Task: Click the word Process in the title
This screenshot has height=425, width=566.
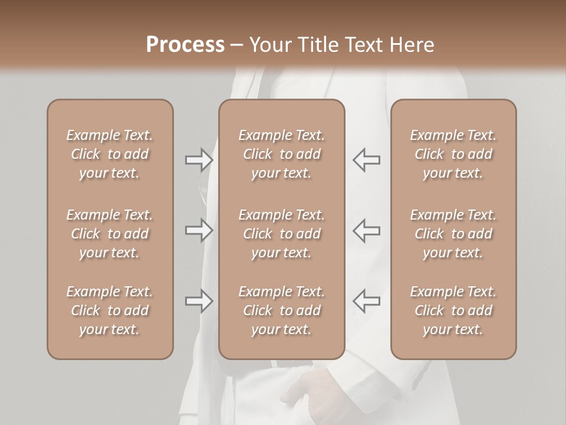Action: (x=185, y=44)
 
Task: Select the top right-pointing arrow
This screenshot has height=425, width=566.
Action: (x=199, y=160)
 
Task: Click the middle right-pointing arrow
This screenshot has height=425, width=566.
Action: (x=199, y=231)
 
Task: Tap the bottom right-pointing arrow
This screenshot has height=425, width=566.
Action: (x=199, y=301)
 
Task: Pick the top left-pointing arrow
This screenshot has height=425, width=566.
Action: (x=366, y=160)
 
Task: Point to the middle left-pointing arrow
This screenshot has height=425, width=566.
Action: (x=366, y=231)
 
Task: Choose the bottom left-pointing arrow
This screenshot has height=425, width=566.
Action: (x=366, y=301)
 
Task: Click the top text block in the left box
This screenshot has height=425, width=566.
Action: (x=110, y=154)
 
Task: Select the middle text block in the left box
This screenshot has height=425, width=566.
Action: (x=110, y=234)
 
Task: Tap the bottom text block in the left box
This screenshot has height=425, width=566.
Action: (x=110, y=310)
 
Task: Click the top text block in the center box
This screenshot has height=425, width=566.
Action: (x=281, y=154)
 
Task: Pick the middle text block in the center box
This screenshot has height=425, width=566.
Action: (x=281, y=234)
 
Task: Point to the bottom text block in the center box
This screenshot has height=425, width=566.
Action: (x=281, y=310)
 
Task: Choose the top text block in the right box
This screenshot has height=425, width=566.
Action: (x=453, y=154)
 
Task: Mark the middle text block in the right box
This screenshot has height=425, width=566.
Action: (x=453, y=234)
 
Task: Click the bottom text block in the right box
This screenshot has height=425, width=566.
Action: (x=453, y=310)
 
